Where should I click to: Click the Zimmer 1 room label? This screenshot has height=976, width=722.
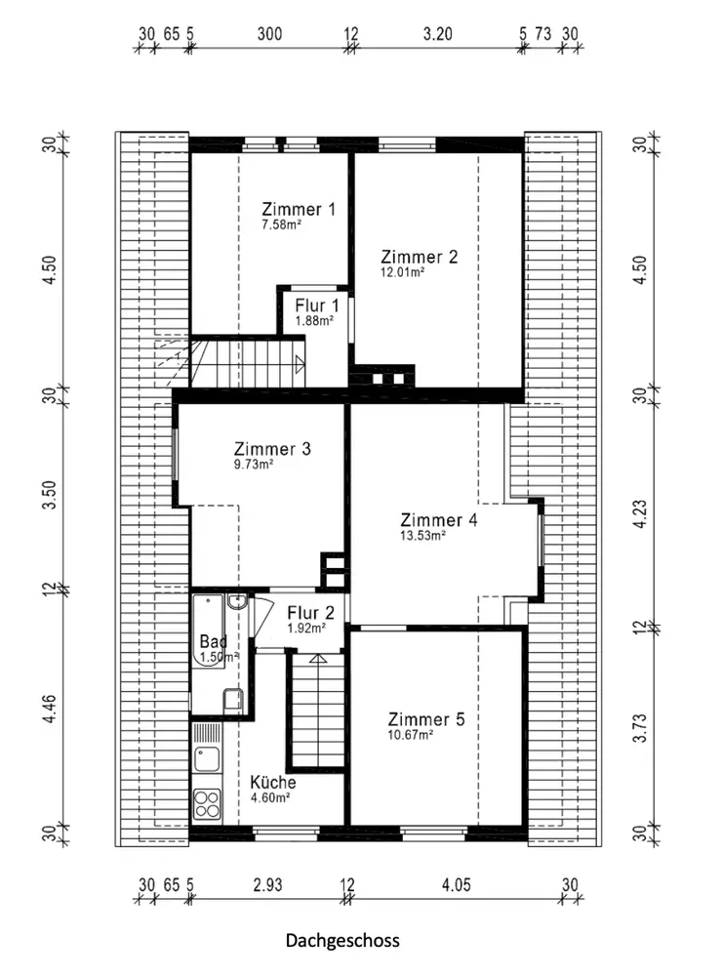(299, 209)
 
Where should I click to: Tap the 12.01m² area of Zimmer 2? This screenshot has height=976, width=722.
(402, 272)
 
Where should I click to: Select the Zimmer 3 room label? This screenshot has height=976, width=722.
(272, 449)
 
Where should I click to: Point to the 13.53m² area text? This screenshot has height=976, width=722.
(422, 535)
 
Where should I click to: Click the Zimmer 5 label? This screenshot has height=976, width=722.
(426, 719)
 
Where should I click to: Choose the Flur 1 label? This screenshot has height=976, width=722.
(317, 305)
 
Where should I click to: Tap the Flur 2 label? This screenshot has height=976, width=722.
(310, 613)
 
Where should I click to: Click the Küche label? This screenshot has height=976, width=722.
(272, 783)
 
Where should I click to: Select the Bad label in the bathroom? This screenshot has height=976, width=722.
(213, 641)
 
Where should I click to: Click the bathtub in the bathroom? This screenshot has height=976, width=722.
(207, 631)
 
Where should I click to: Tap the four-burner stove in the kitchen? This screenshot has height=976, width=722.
(207, 803)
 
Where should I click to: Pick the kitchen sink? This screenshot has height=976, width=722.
(207, 758)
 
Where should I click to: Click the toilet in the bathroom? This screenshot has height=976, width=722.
(233, 701)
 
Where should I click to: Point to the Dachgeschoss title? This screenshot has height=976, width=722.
(342, 940)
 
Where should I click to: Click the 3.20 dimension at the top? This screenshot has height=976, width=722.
(437, 33)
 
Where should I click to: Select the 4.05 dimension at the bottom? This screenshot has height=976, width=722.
(457, 884)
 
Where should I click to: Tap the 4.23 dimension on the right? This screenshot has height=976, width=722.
(640, 514)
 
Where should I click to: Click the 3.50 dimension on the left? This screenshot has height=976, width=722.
(49, 495)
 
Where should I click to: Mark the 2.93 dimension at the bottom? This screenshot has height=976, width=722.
(267, 884)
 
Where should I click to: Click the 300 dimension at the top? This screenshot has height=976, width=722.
(269, 33)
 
